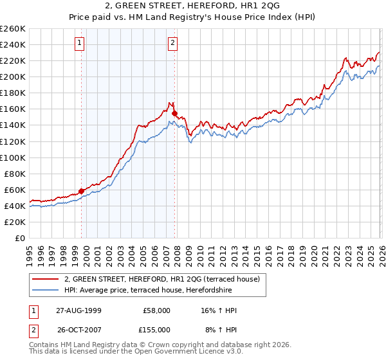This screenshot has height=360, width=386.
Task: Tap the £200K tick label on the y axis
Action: tap(13, 76)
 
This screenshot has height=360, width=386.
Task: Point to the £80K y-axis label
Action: tap(15, 174)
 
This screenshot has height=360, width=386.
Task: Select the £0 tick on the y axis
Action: tap(21, 238)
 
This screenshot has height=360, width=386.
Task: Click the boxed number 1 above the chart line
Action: tap(79, 44)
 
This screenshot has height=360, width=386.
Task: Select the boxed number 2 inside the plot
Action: tap(173, 44)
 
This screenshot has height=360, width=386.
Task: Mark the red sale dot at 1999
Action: tap(82, 191)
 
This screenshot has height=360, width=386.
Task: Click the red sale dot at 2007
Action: tap(174, 113)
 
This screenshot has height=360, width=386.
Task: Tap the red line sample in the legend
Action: tap(46, 280)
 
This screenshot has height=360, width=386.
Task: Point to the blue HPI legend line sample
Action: tap(46, 291)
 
